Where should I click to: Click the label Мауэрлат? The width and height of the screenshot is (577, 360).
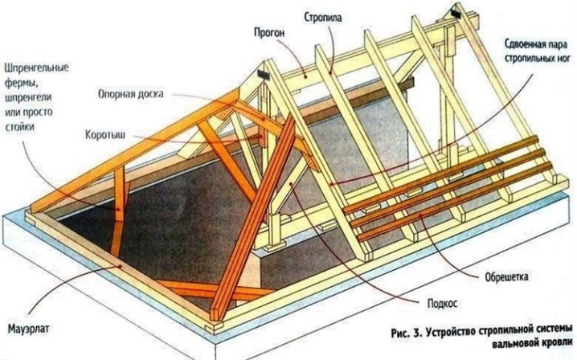(x=28, y=328)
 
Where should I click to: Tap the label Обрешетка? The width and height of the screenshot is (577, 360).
(x=506, y=276)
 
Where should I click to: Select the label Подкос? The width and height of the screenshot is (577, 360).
(x=442, y=303)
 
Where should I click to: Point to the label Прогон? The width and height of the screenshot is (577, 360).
(x=269, y=33)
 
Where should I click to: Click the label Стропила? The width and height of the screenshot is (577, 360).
(x=323, y=18)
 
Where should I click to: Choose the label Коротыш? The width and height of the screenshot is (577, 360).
(x=105, y=135)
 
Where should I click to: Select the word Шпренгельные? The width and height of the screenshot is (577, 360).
(x=36, y=68)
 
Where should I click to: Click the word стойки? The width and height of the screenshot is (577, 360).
(x=19, y=127)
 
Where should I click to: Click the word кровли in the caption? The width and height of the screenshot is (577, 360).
(x=559, y=345)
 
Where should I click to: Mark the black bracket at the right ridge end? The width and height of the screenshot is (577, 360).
(x=456, y=13)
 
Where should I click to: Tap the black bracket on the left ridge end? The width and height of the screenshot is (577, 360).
(x=263, y=75)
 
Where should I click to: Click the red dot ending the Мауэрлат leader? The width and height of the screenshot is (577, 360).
(x=120, y=265)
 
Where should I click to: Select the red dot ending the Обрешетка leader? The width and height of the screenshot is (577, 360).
(x=421, y=216)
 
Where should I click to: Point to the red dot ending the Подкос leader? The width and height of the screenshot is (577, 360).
(x=292, y=184)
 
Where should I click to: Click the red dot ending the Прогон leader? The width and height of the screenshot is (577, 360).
(x=306, y=76)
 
